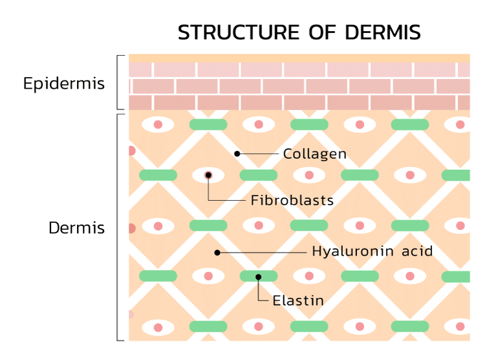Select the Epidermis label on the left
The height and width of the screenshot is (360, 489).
click(64, 84)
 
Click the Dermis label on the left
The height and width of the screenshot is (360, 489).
click(77, 228)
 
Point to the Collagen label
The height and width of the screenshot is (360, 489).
click(315, 154)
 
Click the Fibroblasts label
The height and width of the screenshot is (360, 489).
click(292, 200)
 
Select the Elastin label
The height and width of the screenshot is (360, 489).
click(298, 300)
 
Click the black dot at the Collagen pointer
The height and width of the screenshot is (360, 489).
click(237, 153)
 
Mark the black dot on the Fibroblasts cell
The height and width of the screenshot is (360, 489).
click(208, 175)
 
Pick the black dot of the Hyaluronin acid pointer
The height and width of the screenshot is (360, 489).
click(218, 252)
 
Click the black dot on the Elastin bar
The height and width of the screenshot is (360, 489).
click(258, 277)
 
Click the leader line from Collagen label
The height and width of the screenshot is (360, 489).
click(259, 153)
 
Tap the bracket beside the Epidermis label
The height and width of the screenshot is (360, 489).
click(118, 83)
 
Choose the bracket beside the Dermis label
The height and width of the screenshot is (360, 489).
click(118, 227)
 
